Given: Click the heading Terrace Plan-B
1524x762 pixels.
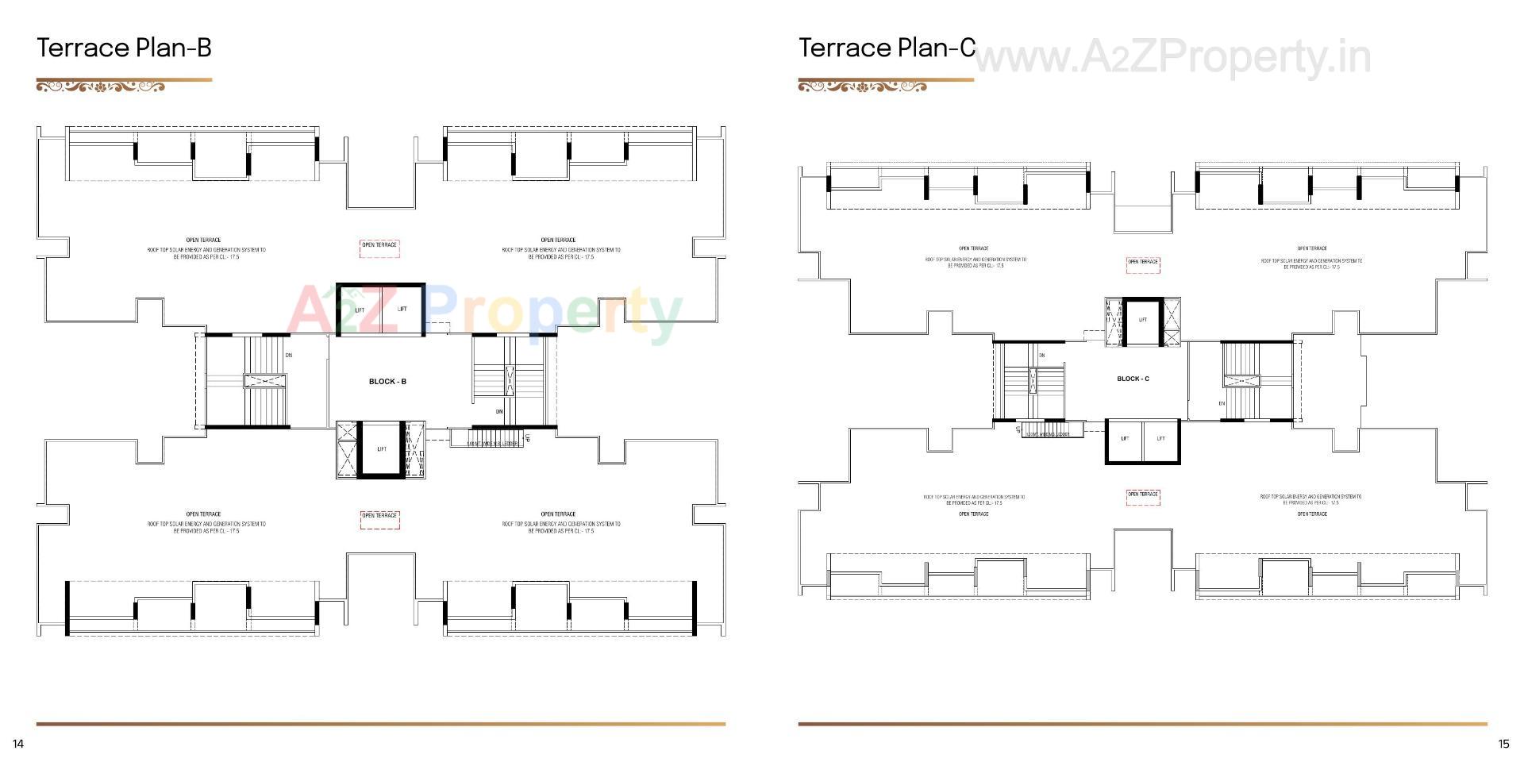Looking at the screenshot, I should (x=124, y=48).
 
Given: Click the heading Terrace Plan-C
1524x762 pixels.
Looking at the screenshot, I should (x=886, y=48).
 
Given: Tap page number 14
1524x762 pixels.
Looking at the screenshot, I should (x=19, y=744).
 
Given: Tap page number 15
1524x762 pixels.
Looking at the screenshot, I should (x=1503, y=744).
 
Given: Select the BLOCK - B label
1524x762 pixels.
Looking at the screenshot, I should (x=387, y=382).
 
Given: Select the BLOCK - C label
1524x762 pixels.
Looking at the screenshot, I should (x=1133, y=379).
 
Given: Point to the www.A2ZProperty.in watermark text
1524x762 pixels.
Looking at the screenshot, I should (x=1172, y=57).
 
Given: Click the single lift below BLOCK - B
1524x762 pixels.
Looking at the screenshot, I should (x=382, y=449).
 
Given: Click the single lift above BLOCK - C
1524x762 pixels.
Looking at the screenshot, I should (x=1142, y=321).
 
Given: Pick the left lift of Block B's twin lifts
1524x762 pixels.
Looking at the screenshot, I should (x=360, y=310).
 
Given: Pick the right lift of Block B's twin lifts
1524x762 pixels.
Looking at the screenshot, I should (x=402, y=309).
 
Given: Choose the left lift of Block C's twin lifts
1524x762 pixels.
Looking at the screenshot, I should (x=1125, y=439).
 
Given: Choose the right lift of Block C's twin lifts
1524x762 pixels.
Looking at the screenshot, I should (x=1160, y=439).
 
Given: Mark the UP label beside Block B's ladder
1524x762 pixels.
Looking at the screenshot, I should (x=527, y=437).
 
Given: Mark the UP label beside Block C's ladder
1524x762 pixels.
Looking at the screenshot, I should (x=1018, y=429).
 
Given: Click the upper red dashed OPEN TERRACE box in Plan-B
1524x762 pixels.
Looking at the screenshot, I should (x=379, y=248).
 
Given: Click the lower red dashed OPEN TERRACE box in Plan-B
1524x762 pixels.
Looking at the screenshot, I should (x=379, y=519).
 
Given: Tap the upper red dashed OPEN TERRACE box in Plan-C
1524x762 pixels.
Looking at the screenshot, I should (x=1143, y=264).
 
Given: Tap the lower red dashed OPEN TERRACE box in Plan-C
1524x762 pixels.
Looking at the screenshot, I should (x=1143, y=497).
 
